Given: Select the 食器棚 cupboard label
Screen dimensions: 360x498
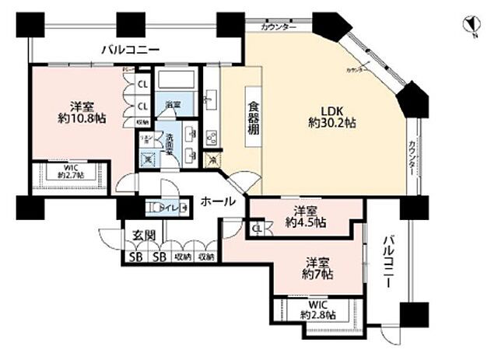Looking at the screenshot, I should click(253, 118).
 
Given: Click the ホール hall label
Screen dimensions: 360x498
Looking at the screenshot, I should click(218, 201).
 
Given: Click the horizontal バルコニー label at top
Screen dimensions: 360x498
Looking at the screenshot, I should click(131, 50).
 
